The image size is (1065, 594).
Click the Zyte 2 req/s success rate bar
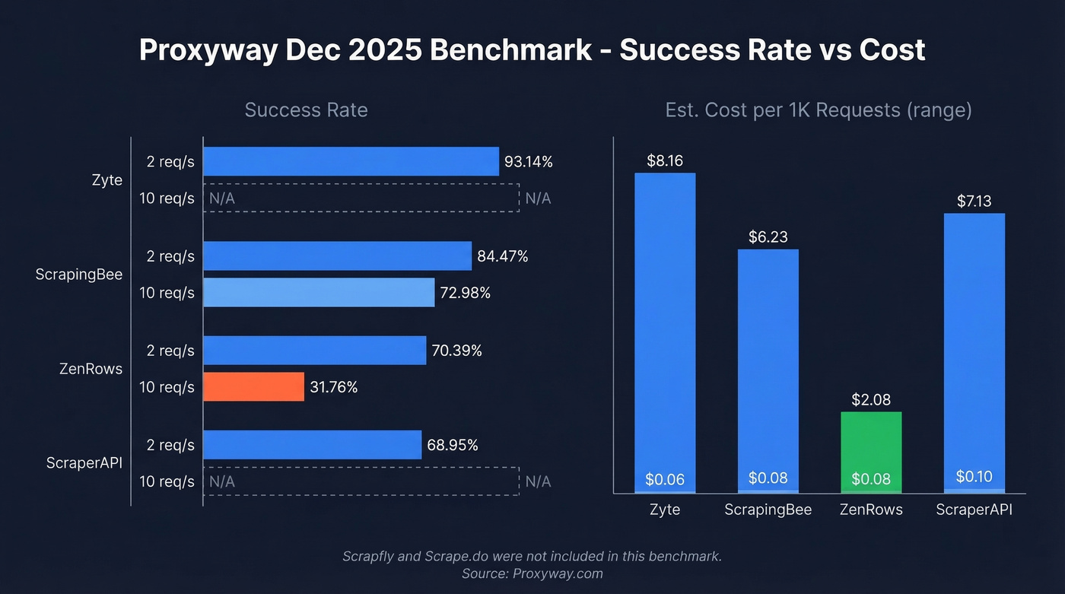[x=351, y=161]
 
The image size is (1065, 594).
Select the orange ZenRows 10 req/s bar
[x=253, y=387]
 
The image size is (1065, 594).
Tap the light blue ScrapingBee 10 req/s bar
[x=319, y=293]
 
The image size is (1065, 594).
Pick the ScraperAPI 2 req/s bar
[x=312, y=445]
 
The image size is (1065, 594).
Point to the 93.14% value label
[x=528, y=162]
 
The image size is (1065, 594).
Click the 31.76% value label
[x=333, y=387]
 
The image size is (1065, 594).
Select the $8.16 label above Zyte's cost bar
[x=665, y=160]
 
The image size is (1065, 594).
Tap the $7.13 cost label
[x=974, y=201]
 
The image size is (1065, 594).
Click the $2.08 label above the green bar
[x=871, y=399]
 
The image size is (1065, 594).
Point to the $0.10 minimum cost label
[x=974, y=477]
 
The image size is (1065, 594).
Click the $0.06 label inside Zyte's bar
[x=665, y=479]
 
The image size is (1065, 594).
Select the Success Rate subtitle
[x=306, y=110]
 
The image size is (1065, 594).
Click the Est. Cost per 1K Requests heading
[x=819, y=110]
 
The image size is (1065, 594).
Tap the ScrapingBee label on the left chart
[x=79, y=275]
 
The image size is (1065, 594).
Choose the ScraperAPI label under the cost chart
[x=974, y=510]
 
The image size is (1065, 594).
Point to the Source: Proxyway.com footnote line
[x=532, y=573]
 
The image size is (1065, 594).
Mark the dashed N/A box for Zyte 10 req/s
[x=361, y=199]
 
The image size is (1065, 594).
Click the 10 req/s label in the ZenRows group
[x=167, y=387]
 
